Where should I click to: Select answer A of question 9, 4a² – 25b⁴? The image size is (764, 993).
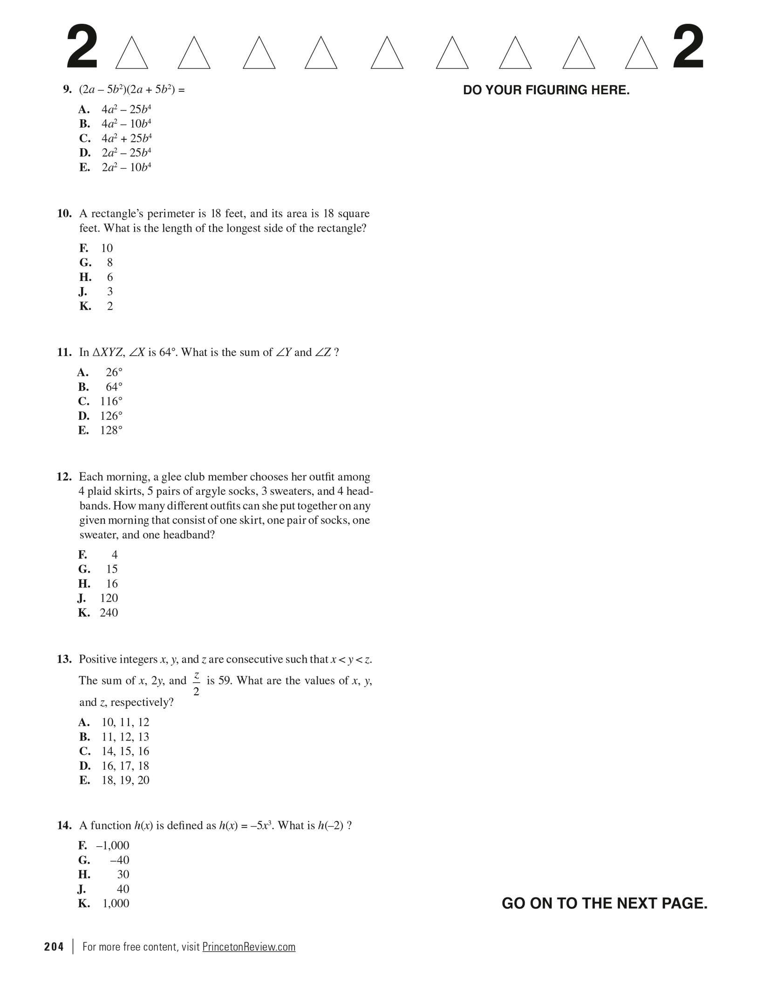click(x=126, y=110)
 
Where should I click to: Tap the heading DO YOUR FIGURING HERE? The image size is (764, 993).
click(x=546, y=90)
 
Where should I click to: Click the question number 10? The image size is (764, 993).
click(x=64, y=214)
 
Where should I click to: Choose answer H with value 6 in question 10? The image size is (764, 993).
click(x=109, y=277)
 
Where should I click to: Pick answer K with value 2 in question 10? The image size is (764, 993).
click(x=109, y=306)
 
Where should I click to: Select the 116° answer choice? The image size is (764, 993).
click(x=111, y=401)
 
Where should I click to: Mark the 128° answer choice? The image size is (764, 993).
click(x=111, y=430)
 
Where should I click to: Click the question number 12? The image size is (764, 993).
click(x=64, y=477)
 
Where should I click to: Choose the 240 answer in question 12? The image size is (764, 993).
click(x=109, y=612)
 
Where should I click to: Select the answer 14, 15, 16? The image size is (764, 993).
click(x=125, y=751)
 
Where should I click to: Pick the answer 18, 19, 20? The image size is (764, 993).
click(x=125, y=780)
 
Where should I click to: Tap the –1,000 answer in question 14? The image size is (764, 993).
click(x=113, y=845)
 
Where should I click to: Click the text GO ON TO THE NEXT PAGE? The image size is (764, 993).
click(x=604, y=903)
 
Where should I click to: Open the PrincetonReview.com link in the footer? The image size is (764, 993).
click(x=249, y=947)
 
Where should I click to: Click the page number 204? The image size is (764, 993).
click(x=54, y=947)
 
